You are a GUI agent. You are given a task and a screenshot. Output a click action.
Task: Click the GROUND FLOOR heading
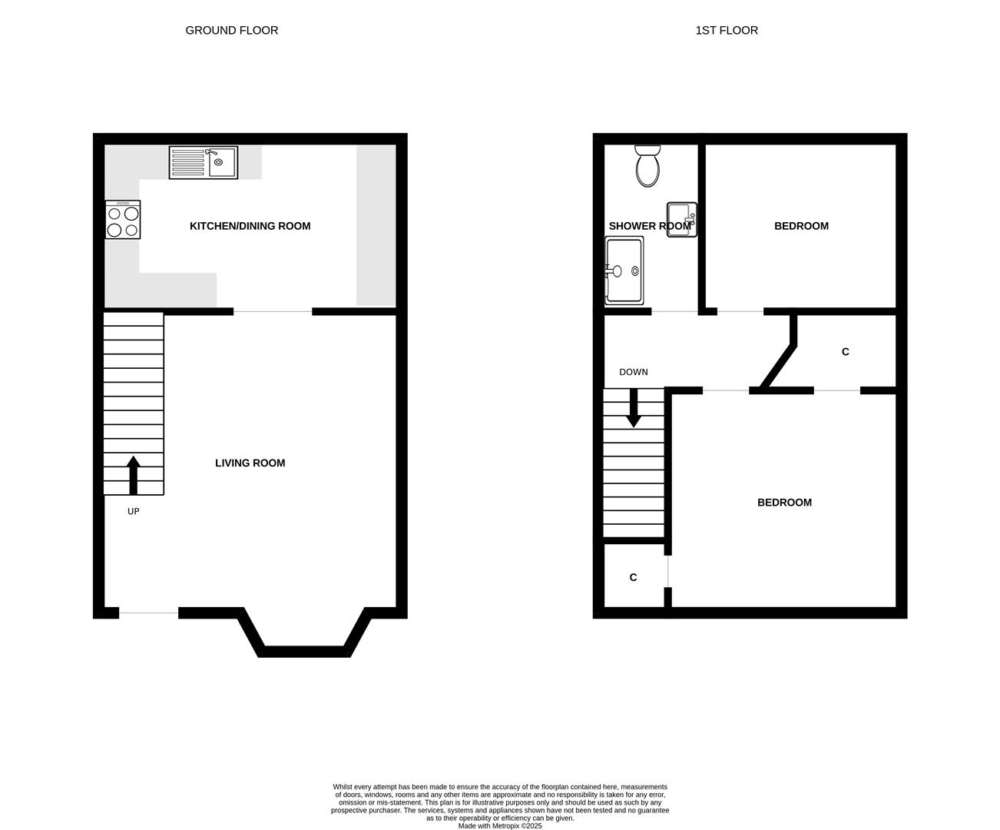point(231,31)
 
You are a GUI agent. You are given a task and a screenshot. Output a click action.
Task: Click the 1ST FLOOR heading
point(727,31)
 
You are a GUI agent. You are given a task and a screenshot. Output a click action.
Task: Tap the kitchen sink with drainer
point(204,162)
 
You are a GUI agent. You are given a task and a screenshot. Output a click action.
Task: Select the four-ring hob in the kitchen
point(123,220)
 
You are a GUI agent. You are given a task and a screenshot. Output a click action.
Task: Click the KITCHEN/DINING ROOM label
point(250,226)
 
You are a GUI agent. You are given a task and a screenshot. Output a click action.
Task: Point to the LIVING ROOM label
point(250,463)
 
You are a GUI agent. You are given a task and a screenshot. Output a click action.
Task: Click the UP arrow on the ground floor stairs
point(134,475)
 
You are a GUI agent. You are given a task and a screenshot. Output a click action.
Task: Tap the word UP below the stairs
point(133,511)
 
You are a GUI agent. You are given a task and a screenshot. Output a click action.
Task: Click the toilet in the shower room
point(647,166)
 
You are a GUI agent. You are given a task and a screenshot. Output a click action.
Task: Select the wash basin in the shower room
point(681,220)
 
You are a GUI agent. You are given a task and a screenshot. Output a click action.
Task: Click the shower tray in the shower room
point(624,271)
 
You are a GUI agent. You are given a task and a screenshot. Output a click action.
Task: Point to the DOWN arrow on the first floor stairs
point(634,408)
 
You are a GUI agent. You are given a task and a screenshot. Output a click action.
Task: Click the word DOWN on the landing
point(634,373)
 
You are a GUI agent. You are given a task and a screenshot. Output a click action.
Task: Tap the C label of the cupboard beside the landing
point(846,352)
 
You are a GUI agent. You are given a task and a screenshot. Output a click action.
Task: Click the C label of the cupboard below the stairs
point(633,577)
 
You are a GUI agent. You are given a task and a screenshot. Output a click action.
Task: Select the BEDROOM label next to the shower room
point(801,226)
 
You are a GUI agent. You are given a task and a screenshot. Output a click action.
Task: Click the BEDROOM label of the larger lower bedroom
point(784,503)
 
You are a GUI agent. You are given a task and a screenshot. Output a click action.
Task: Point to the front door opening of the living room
point(148,613)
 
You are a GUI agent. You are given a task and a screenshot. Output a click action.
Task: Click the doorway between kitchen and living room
point(273,312)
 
